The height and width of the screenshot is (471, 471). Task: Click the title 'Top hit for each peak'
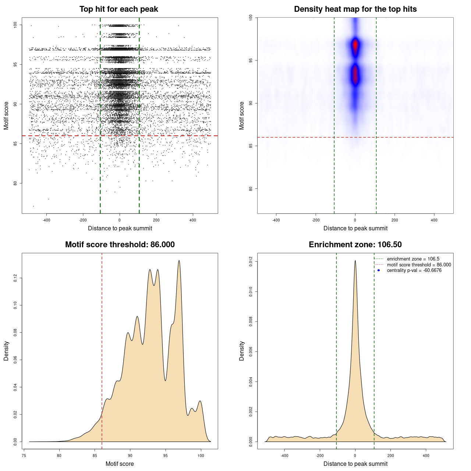tap(119, 9)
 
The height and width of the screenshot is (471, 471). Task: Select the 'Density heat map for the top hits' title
tap(355, 9)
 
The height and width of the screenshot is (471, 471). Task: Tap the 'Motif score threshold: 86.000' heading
tap(120, 245)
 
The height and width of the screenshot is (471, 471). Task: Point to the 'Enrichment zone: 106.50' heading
tap(355, 245)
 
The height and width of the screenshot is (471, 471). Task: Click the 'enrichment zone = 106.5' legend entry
tap(413, 259)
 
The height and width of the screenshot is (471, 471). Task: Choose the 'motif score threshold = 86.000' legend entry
tap(419, 265)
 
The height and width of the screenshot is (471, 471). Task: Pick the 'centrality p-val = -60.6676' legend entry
tap(414, 270)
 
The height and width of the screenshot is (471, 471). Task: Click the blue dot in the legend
tap(379, 270)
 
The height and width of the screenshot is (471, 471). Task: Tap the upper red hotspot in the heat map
tap(355, 45)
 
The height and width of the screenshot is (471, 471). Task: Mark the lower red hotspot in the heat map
tap(355, 75)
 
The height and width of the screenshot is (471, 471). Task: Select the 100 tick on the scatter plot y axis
tap(15, 25)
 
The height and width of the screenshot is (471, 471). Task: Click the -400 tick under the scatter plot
tap(46, 220)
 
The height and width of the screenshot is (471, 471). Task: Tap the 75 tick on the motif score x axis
tap(24, 456)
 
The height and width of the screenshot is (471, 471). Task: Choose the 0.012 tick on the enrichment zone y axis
tap(251, 262)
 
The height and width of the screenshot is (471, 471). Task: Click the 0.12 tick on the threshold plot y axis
tap(15, 278)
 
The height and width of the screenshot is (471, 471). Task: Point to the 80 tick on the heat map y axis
tap(251, 189)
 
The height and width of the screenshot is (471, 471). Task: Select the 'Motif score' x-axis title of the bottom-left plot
tap(120, 464)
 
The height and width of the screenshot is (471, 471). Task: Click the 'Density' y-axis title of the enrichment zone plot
tap(242, 351)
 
